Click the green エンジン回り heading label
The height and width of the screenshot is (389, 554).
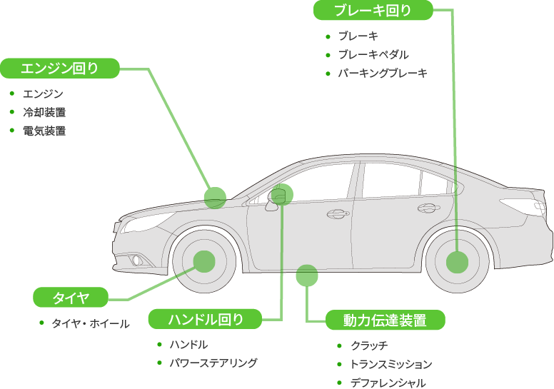pos(59,69)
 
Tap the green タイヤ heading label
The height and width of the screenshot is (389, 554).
pos(71,297)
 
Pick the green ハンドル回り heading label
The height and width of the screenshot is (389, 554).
pos(206,319)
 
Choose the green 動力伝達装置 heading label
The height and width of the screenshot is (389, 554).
pos(385,320)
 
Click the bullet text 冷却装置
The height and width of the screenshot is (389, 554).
pos(44,112)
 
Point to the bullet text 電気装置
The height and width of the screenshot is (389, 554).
pos(44,131)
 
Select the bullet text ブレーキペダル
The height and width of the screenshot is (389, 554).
pos(373,54)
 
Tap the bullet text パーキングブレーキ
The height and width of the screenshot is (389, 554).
pos(383,73)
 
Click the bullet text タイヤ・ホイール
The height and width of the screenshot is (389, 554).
pos(90,323)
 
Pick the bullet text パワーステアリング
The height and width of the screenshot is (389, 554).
pos(213,363)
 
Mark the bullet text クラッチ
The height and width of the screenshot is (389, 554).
pos(369,345)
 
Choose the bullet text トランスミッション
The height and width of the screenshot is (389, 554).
pos(391,364)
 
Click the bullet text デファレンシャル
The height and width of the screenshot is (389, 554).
pos(388,383)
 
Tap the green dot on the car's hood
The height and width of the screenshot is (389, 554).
pos(215,197)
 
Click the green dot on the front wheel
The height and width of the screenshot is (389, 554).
pos(203,262)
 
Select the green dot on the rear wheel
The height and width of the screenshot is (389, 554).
pos(457,262)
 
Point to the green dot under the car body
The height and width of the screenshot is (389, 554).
pos(306,275)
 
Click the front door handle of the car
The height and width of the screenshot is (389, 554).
pos(339,213)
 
